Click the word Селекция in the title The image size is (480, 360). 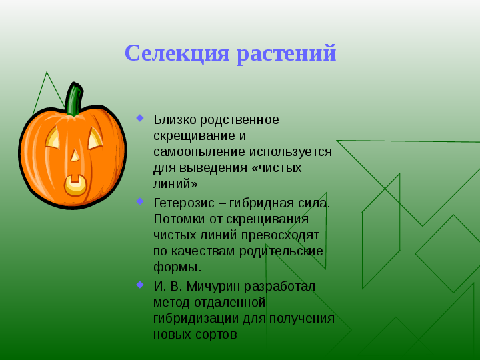coord(177,54)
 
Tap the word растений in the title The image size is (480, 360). coord(287,55)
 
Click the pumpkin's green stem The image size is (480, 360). coord(75,99)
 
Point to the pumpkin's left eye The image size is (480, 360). coord(53,138)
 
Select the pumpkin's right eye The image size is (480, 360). coord(95,138)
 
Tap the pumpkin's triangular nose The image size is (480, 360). coord(75,155)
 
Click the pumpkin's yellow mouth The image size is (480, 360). coord(75,185)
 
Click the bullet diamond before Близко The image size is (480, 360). coord(140,118)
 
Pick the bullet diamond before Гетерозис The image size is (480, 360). coord(140,201)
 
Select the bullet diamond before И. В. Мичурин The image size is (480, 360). coord(140,285)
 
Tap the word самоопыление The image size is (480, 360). coord(199,152)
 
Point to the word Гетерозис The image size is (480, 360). coord(184,203)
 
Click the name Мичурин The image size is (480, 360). coord(213,287)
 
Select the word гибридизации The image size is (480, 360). coord(196,319)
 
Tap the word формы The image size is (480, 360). coord(177,267)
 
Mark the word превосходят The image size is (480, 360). coord(280,235)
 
